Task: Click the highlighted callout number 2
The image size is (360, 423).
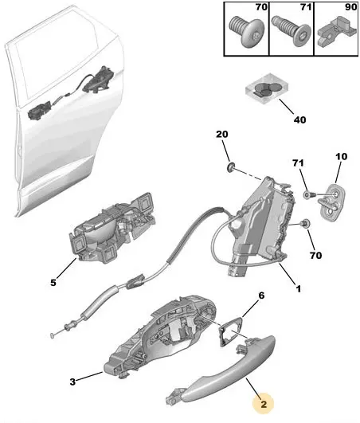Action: [x=264, y=404]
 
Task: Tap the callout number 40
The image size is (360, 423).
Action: [x=299, y=119]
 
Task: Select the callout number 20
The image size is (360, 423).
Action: [x=222, y=134]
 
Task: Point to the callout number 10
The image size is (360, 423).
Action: [x=341, y=156]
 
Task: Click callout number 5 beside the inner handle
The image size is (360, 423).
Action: [x=53, y=283]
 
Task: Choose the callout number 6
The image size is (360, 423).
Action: [x=261, y=296]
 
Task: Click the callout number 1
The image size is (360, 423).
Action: [x=298, y=289]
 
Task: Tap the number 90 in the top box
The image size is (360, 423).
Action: [x=350, y=7]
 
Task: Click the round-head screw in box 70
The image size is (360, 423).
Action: [x=246, y=32]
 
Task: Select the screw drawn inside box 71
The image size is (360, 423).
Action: [x=291, y=31]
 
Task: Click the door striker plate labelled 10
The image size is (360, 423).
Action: [x=332, y=202]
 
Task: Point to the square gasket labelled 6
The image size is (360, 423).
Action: [x=229, y=331]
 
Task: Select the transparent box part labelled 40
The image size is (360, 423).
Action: [x=267, y=89]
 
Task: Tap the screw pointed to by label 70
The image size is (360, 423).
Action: [x=305, y=223]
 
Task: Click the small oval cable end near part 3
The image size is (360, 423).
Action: [x=53, y=335]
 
